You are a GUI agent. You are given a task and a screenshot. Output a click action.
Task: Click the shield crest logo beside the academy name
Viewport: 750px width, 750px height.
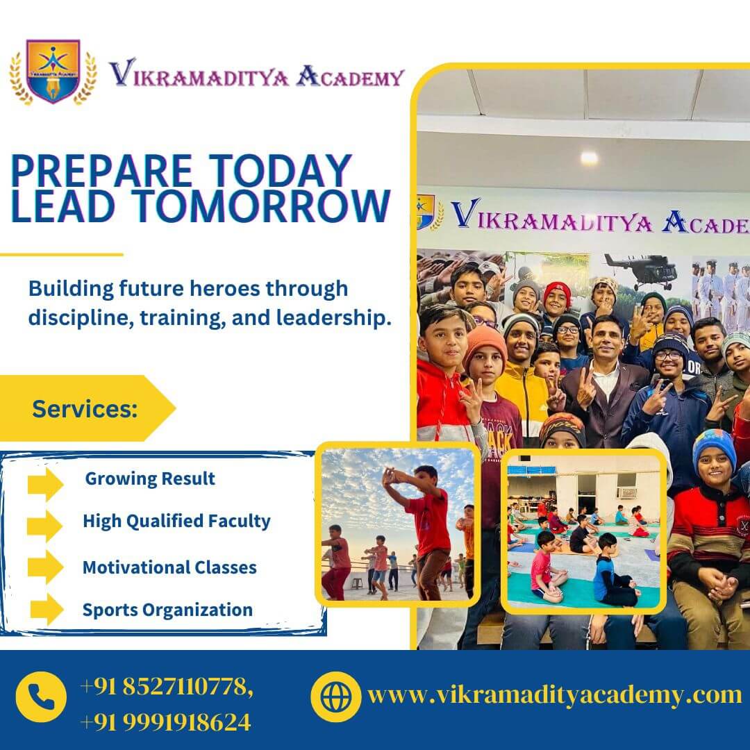[53, 72]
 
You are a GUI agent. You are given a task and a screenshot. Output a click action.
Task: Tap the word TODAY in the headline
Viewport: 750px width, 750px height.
[281, 171]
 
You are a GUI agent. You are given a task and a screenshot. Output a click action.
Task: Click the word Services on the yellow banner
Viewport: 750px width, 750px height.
[85, 409]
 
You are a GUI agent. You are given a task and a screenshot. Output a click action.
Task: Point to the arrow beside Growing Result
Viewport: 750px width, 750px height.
[45, 484]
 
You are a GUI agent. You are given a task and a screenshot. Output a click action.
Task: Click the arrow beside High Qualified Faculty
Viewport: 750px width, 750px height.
[45, 526]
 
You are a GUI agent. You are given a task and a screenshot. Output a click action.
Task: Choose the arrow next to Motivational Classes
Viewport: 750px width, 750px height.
[45, 567]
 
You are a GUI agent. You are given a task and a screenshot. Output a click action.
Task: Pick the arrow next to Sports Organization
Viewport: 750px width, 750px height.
[47, 610]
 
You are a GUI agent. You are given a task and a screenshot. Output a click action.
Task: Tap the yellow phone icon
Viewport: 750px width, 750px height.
[41, 697]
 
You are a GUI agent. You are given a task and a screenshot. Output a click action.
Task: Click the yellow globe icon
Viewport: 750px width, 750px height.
[336, 697]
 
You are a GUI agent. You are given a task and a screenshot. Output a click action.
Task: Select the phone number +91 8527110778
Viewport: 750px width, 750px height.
[166, 687]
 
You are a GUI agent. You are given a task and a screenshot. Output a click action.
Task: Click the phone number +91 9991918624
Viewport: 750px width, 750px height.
[165, 722]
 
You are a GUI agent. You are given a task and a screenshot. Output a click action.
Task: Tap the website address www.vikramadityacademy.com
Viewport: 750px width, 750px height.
[554, 695]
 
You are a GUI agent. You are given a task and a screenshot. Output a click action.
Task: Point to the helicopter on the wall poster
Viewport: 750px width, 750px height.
[640, 270]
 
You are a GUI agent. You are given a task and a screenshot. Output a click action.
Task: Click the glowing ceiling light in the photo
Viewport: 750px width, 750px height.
[589, 158]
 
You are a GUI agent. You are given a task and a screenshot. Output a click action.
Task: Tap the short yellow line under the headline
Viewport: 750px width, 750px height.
[62, 255]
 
